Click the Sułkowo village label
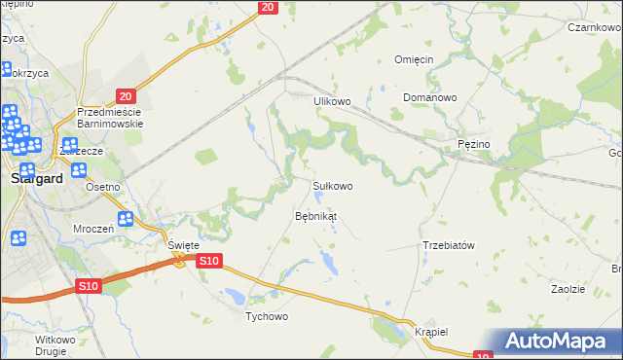click(x=332, y=185)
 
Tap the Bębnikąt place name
click(x=315, y=215)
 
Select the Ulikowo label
click(x=331, y=100)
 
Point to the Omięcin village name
click(x=420, y=59)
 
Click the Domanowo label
click(x=430, y=98)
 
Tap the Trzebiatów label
click(x=448, y=245)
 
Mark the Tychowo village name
click(x=267, y=317)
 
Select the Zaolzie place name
click(x=568, y=290)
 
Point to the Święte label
click(x=182, y=245)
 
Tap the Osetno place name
click(x=102, y=188)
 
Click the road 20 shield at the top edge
click(x=269, y=8)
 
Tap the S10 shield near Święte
click(x=209, y=261)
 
